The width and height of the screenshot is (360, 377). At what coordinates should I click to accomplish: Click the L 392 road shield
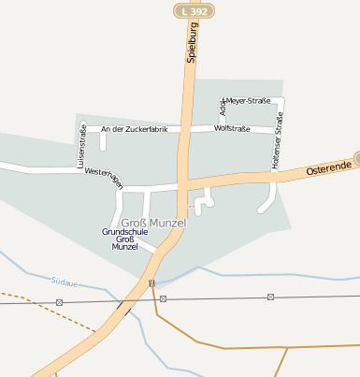pyautogui.click(x=194, y=10)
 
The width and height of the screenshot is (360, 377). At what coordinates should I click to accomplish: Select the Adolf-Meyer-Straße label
pyautogui.click(x=251, y=101)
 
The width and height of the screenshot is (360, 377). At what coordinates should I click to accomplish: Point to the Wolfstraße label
pyautogui.click(x=232, y=128)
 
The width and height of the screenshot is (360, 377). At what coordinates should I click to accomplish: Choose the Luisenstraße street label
pyautogui.click(x=80, y=151)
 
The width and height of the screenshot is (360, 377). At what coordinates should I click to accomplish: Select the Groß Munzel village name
pyautogui.click(x=154, y=223)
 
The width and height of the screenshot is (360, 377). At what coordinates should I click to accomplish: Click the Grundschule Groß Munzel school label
pyautogui.click(x=124, y=239)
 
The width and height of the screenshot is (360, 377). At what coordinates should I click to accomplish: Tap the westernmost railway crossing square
pyautogui.click(x=60, y=302)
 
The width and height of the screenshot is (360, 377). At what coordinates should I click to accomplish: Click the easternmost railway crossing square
pyautogui.click(x=270, y=297)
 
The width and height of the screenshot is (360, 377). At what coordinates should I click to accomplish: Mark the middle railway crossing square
pyautogui.click(x=163, y=298)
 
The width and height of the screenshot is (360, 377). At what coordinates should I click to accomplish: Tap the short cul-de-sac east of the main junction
pyautogui.click(x=208, y=197)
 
